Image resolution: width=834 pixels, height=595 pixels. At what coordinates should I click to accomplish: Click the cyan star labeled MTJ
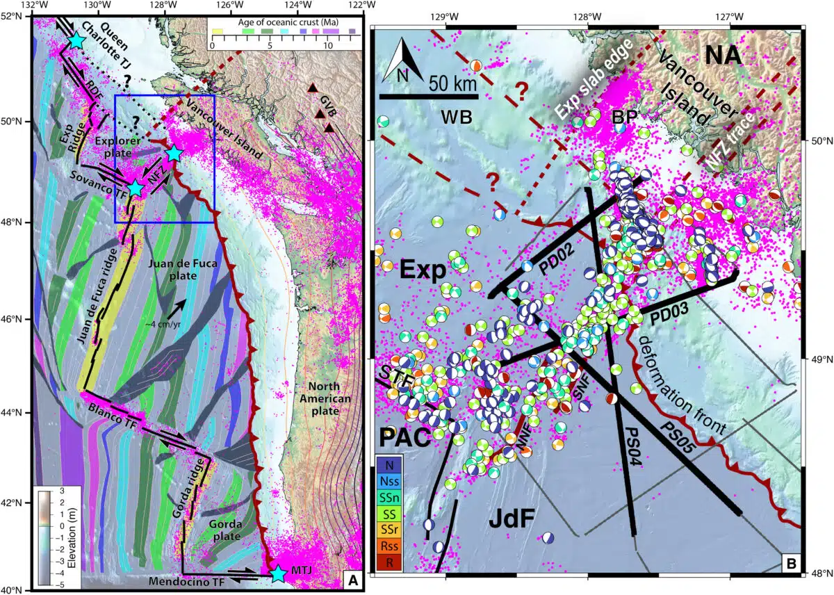[279, 573]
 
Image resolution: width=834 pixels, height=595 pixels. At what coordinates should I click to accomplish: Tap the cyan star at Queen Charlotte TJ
[76, 42]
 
